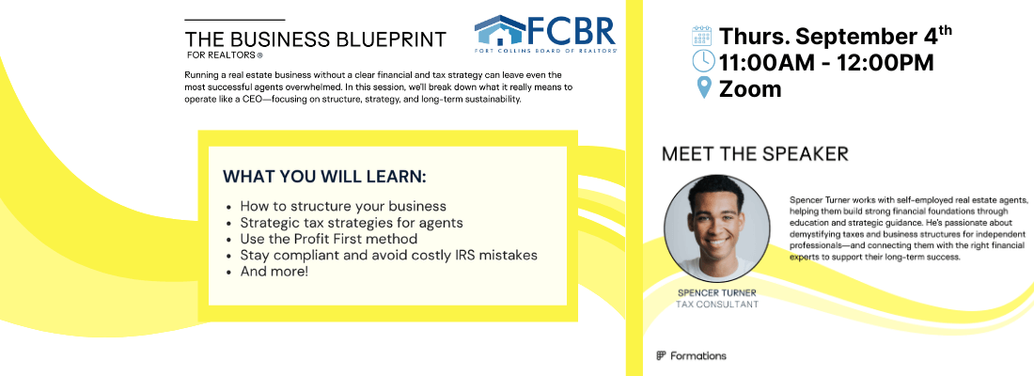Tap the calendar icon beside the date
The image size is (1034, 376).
click(x=701, y=36)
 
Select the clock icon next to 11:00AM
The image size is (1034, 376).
click(x=703, y=61)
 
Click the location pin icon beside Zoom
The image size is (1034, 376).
click(x=704, y=87)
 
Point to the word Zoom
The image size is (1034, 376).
click(x=750, y=88)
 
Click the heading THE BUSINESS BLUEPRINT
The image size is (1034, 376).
click(x=315, y=39)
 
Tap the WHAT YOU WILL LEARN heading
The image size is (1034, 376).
click(x=324, y=177)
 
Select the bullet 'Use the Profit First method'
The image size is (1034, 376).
click(x=328, y=239)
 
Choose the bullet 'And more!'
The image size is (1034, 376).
click(x=274, y=271)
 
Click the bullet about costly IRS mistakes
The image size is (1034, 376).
click(x=388, y=256)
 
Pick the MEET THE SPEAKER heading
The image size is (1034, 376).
click(x=755, y=154)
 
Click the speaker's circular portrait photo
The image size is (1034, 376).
click(x=716, y=227)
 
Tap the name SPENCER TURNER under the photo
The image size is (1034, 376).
click(x=717, y=293)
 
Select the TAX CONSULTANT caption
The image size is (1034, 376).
click(x=717, y=305)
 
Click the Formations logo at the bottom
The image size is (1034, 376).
click(x=691, y=355)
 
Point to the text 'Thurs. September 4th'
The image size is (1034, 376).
click(x=836, y=36)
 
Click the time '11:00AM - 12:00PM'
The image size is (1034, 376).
click(x=826, y=62)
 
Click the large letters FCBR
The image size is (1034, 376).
click(x=572, y=30)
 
